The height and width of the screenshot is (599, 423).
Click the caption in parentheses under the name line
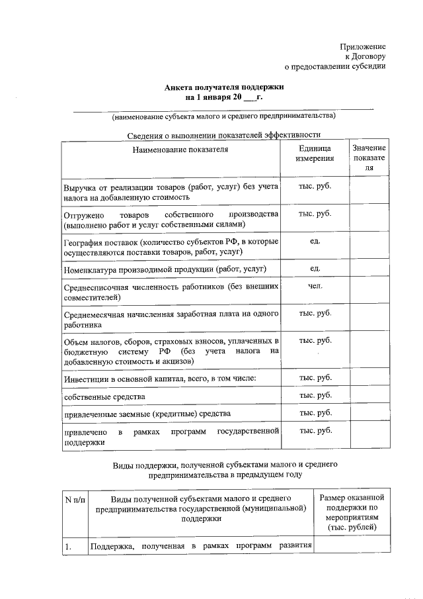(224, 116)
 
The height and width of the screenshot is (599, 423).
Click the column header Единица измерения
(315, 154)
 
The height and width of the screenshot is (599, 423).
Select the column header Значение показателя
(369, 158)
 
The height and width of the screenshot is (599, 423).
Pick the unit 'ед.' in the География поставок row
(315, 240)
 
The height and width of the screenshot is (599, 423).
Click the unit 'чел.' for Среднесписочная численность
(315, 287)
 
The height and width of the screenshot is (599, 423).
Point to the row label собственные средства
(104, 396)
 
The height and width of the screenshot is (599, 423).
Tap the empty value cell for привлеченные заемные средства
(369, 414)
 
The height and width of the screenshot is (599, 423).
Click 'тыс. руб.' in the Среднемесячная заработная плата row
(315, 312)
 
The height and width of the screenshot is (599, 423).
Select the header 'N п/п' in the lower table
(75, 498)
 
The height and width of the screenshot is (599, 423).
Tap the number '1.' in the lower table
(68, 547)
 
